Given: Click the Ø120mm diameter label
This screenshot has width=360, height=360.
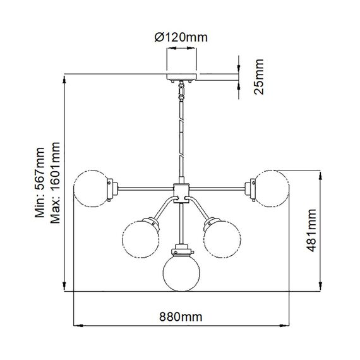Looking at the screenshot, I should pos(181,37).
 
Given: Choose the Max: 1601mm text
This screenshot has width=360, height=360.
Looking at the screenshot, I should pos(56,183).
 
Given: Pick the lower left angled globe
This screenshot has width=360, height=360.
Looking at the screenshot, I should pos(140,239).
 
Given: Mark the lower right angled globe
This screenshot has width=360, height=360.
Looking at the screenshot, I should pos(222,239).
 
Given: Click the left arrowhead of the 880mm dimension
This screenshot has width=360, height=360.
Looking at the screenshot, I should pos(78,327).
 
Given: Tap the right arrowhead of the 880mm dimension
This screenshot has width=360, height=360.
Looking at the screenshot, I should pos(286,327).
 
